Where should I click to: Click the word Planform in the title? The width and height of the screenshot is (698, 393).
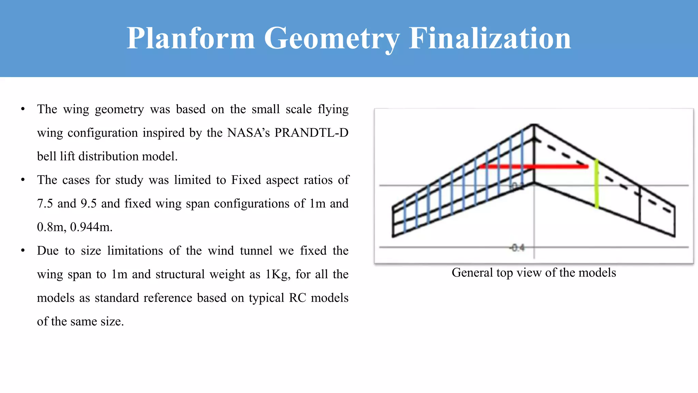[191, 38]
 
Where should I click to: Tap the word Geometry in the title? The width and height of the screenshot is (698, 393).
[332, 38]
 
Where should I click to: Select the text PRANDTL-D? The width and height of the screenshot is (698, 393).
[311, 133]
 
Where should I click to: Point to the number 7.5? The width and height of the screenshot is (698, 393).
[45, 204]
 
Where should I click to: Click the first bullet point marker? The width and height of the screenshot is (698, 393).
[23, 109]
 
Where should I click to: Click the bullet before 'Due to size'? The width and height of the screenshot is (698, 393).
[23, 251]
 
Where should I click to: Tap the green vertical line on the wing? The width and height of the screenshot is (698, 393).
[596, 184]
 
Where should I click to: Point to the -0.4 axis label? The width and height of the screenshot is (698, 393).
[517, 248]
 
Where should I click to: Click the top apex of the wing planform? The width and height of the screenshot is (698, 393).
[534, 125]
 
